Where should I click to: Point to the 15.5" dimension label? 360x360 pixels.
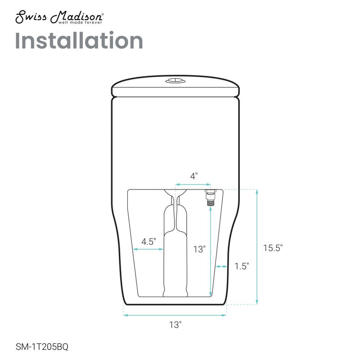click(x=273, y=247)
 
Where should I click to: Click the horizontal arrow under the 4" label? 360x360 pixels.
click(x=193, y=184)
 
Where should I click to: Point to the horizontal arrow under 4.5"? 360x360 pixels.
click(x=148, y=248)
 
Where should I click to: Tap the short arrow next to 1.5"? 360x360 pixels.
click(x=221, y=267)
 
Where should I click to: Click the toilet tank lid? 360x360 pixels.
click(x=175, y=87)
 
